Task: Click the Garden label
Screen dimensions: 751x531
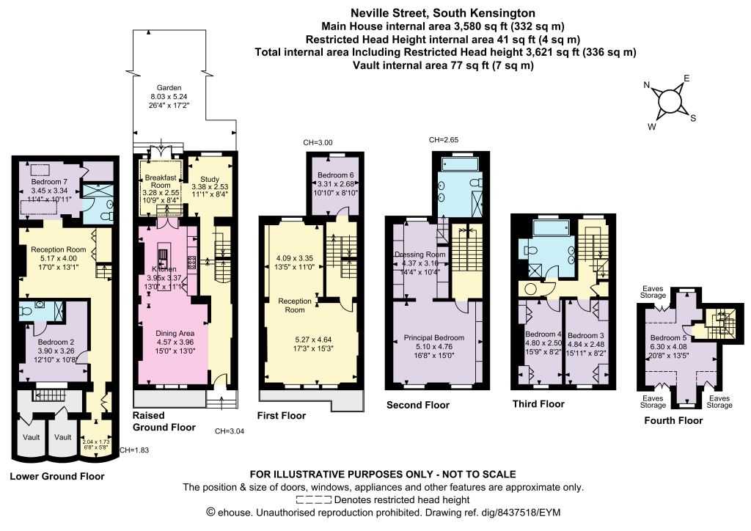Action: [169, 87]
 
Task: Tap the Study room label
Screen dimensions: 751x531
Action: [210, 179]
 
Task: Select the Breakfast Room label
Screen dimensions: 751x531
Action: [161, 181]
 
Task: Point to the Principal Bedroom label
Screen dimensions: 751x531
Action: [434, 337]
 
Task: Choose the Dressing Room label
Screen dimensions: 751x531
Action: [420, 254]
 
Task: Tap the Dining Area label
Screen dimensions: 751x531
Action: [175, 333]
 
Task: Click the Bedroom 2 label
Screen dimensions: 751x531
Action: [56, 342]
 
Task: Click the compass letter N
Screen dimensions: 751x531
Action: [647, 85]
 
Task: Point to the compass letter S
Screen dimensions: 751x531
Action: [693, 118]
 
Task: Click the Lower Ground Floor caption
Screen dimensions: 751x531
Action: [57, 477]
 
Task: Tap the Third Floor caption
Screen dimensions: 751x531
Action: [538, 404]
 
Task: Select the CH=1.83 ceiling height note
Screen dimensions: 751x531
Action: [134, 450]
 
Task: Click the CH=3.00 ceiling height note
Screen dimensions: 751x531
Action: [318, 142]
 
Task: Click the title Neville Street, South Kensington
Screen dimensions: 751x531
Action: [443, 13]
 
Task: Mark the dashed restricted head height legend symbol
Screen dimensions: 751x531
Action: [314, 500]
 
